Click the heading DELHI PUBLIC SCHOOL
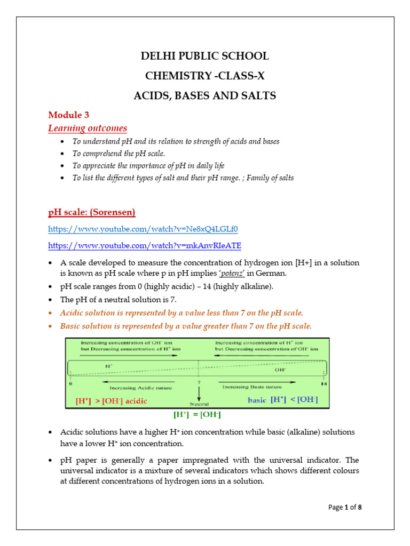click(204, 56)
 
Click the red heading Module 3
click(69, 115)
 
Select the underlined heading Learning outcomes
click(88, 128)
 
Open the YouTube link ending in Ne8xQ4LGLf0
click(143, 229)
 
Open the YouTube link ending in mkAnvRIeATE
click(145, 245)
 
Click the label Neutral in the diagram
click(199, 404)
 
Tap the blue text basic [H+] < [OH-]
click(282, 399)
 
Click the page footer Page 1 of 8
click(345, 507)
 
